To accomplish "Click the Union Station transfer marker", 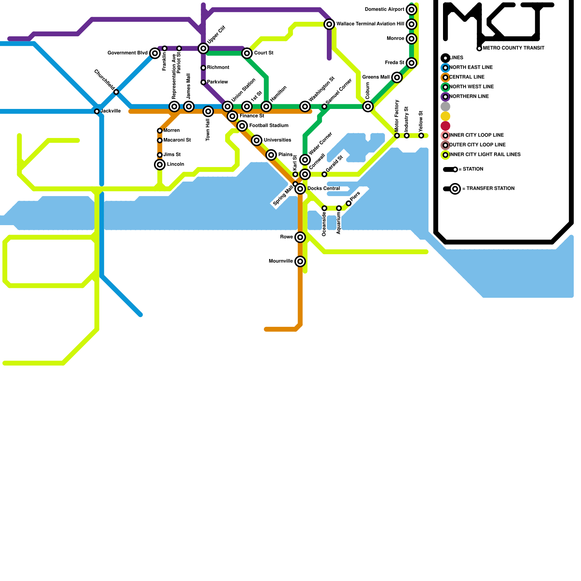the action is pyautogui.click(x=228, y=106).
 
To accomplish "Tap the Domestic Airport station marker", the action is pyautogui.click(x=411, y=9).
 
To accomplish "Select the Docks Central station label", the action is pyautogui.click(x=324, y=188).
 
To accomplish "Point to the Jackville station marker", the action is pyautogui.click(x=97, y=111).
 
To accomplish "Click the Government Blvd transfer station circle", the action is pyautogui.click(x=155, y=53).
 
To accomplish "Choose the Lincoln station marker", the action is pyautogui.click(x=160, y=164).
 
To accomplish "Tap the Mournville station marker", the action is pyautogui.click(x=300, y=261).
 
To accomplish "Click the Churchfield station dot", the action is pyautogui.click(x=116, y=92).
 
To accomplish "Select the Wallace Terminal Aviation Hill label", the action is pyautogui.click(x=370, y=24).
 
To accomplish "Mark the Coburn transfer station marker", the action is pyautogui.click(x=368, y=106).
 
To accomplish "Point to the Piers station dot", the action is pyautogui.click(x=349, y=203).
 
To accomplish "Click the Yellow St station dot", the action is pyautogui.click(x=421, y=136).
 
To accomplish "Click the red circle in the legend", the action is pyautogui.click(x=446, y=126).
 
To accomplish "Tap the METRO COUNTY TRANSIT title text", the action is pyautogui.click(x=513, y=48).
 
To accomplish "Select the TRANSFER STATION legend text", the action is pyautogui.click(x=490, y=188).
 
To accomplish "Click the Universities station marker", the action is pyautogui.click(x=257, y=140).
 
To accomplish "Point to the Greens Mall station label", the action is pyautogui.click(x=376, y=77).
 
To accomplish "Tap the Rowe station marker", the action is pyautogui.click(x=300, y=237).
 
